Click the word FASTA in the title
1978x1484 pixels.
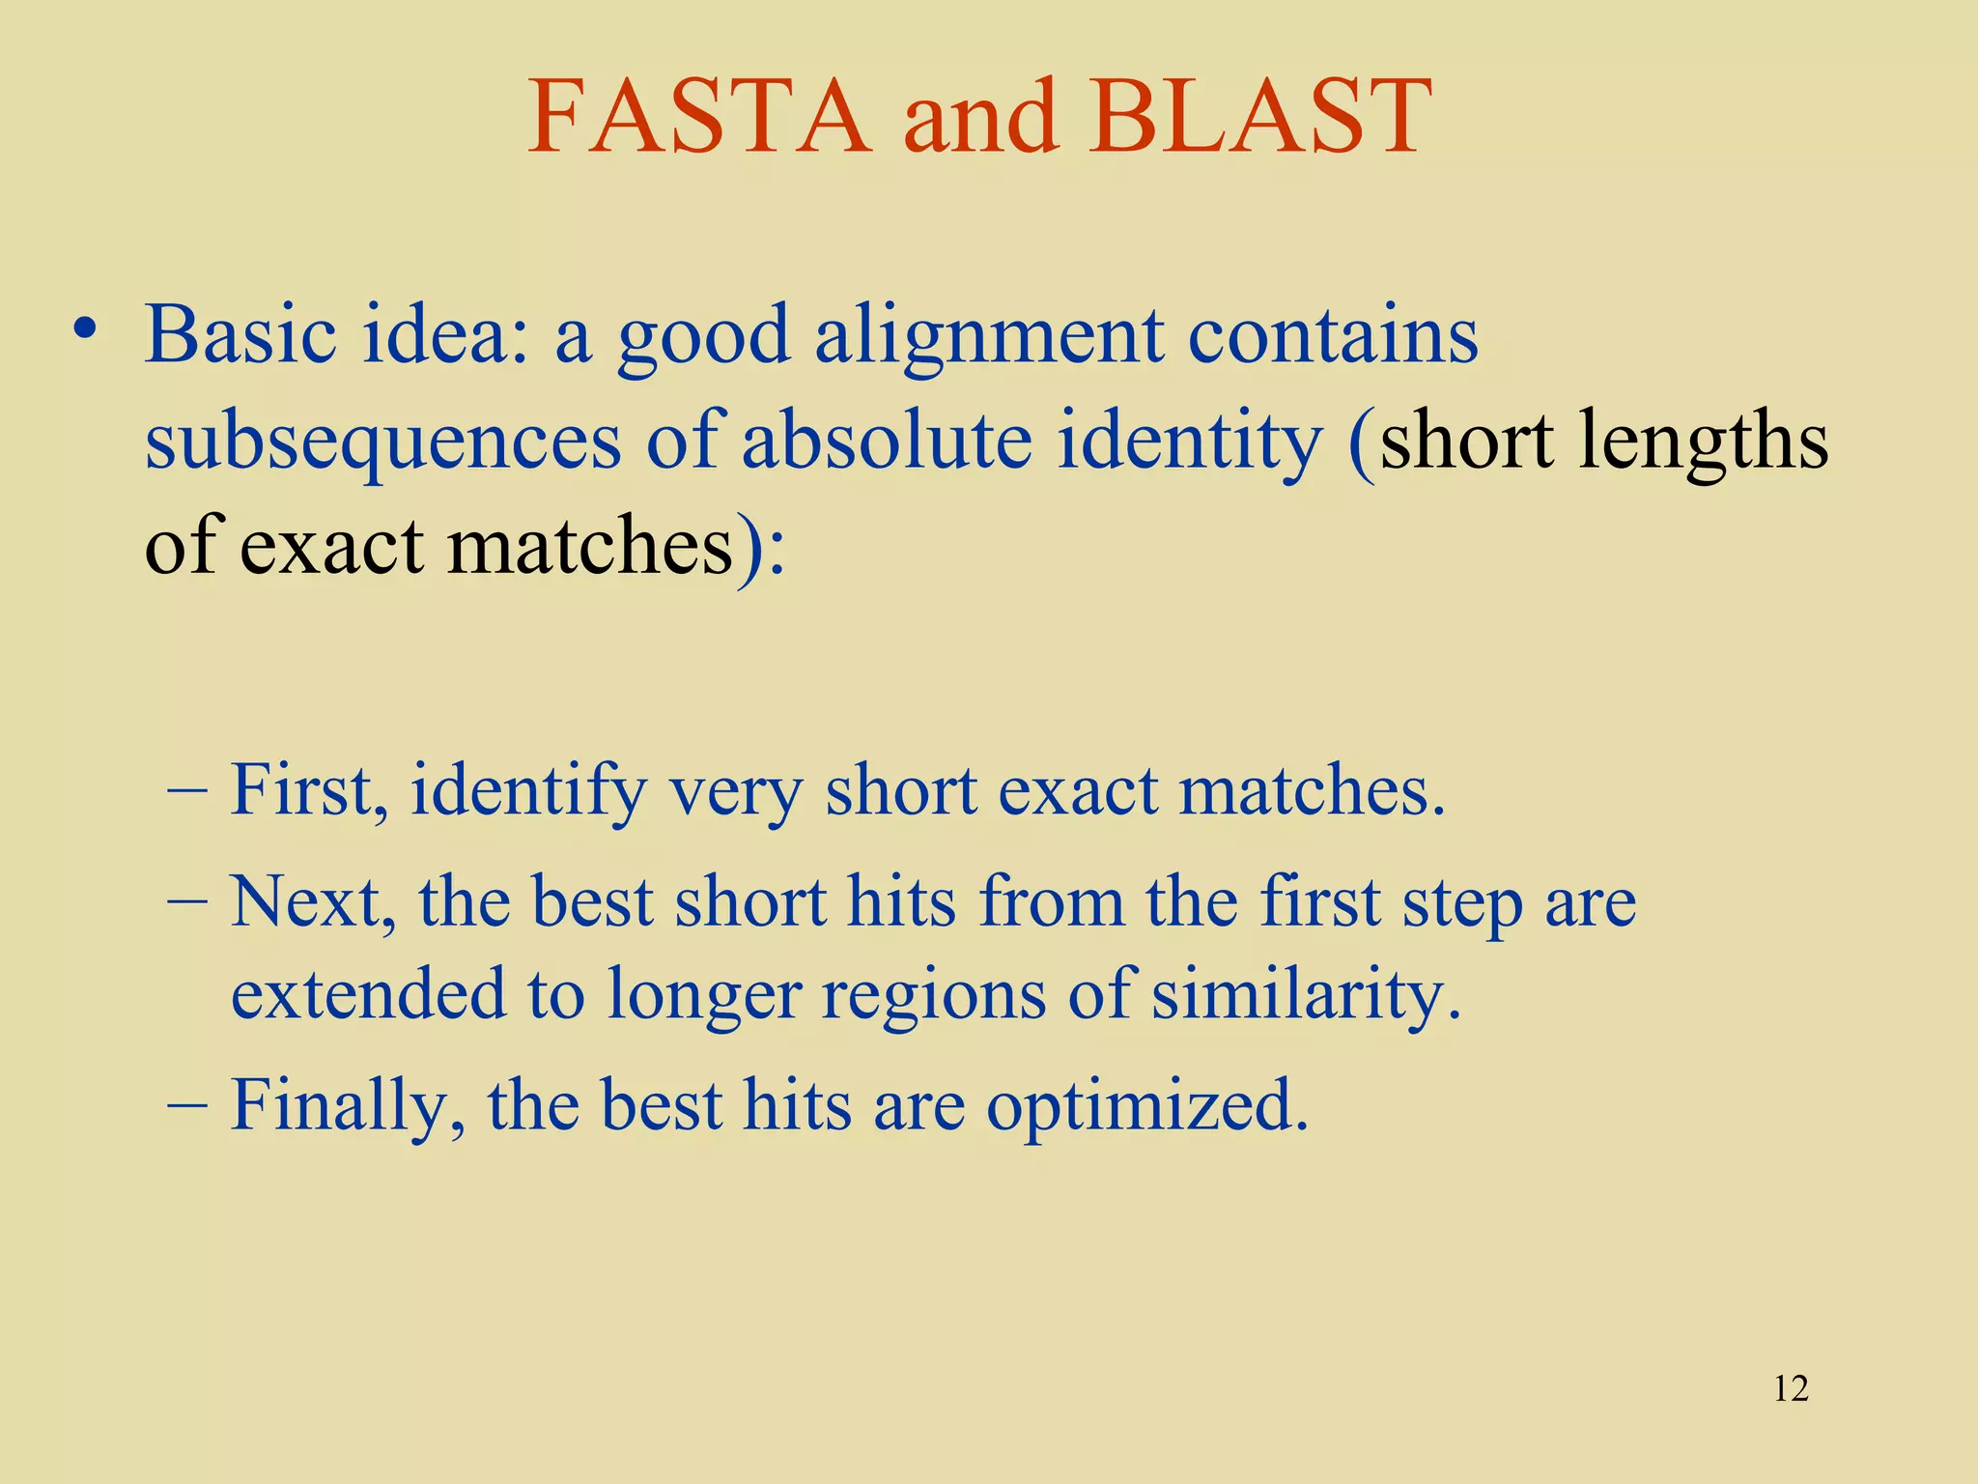coord(699,118)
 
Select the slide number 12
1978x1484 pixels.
coord(1791,1388)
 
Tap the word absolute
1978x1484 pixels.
coord(887,440)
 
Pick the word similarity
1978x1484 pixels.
coord(1305,995)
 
